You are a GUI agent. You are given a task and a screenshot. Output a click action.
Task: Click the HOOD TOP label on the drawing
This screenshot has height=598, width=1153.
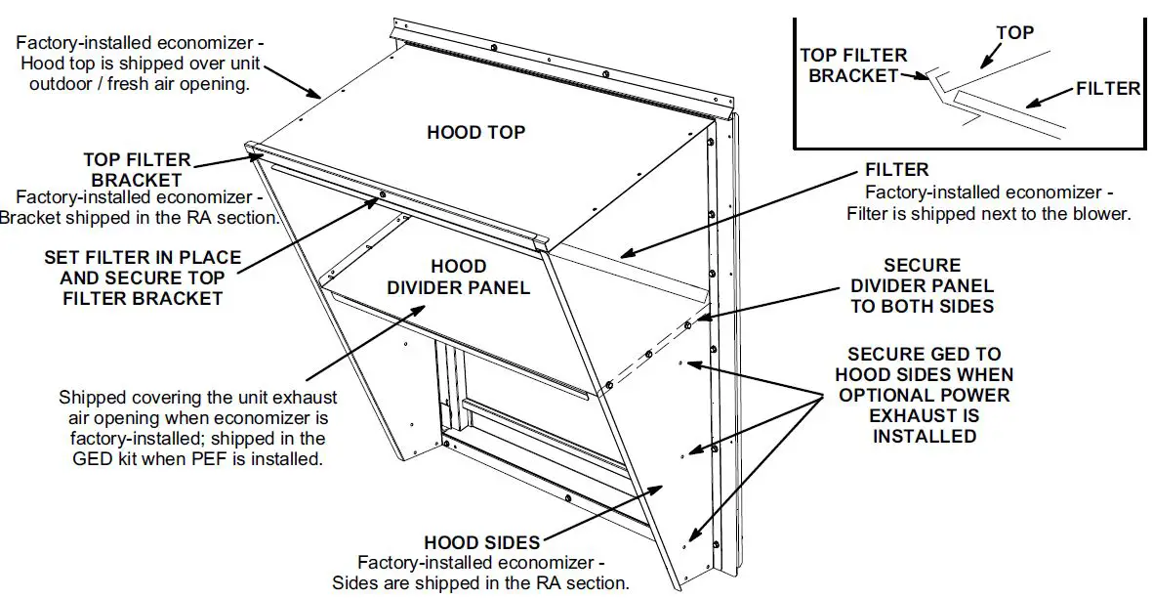[x=475, y=132]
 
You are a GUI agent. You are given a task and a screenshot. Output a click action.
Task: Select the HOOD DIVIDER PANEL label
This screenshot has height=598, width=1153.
[x=458, y=278]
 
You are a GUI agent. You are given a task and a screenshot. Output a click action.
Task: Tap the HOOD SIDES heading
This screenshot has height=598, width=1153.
[x=482, y=543]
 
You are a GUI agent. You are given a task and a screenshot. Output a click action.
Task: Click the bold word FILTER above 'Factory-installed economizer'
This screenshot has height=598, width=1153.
[x=897, y=170]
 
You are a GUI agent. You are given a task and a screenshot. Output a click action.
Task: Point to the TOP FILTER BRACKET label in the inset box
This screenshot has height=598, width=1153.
[x=853, y=65]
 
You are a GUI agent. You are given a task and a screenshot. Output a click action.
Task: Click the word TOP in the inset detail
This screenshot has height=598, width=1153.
[x=1014, y=33]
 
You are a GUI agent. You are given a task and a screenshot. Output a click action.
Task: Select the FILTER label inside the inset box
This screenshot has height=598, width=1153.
[x=1107, y=89]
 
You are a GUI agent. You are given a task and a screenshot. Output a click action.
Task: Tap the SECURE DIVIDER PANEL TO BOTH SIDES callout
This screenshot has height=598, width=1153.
[x=922, y=285]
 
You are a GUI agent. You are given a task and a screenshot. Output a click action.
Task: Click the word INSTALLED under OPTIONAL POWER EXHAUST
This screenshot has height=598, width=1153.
[x=925, y=437]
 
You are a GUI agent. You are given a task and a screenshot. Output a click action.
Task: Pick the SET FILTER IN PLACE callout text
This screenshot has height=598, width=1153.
[x=143, y=278]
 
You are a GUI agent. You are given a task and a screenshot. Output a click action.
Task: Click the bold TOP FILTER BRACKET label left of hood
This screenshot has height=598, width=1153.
[x=137, y=170]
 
